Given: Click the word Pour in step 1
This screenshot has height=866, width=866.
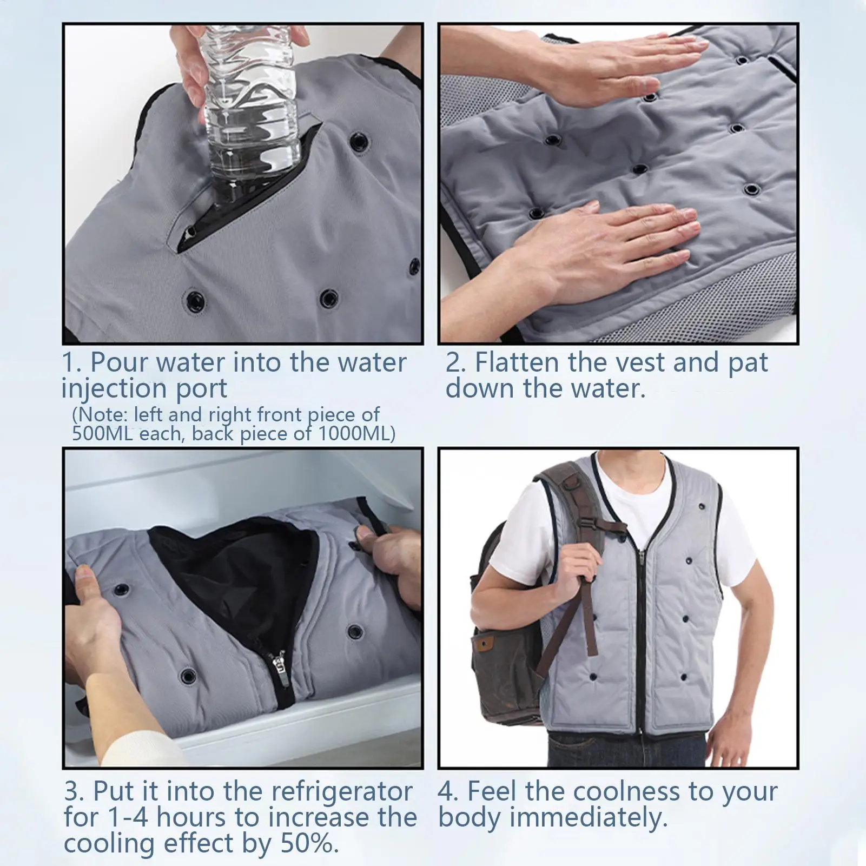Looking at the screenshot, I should point(120,363).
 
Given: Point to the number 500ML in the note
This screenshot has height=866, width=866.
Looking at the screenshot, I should point(102,434).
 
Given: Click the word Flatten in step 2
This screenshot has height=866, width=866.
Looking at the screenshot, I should point(517,363).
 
